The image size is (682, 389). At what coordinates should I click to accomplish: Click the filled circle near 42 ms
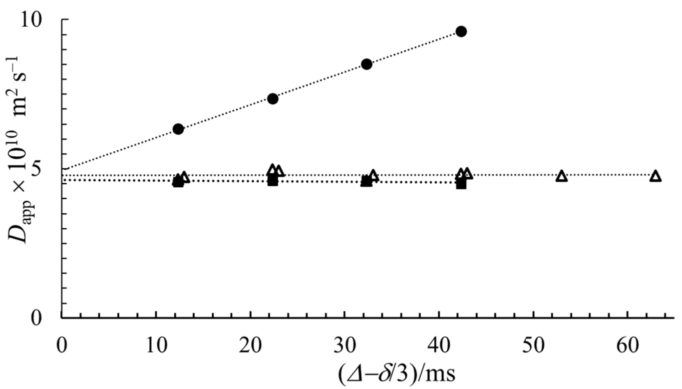461,31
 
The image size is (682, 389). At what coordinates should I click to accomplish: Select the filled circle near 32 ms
367,64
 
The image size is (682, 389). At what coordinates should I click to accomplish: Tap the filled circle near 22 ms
272,99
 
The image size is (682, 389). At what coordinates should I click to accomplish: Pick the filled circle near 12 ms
178,129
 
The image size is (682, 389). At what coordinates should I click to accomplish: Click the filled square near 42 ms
461,184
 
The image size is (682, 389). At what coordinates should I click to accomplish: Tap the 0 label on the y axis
37,318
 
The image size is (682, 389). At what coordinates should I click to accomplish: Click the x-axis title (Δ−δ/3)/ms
397,374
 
